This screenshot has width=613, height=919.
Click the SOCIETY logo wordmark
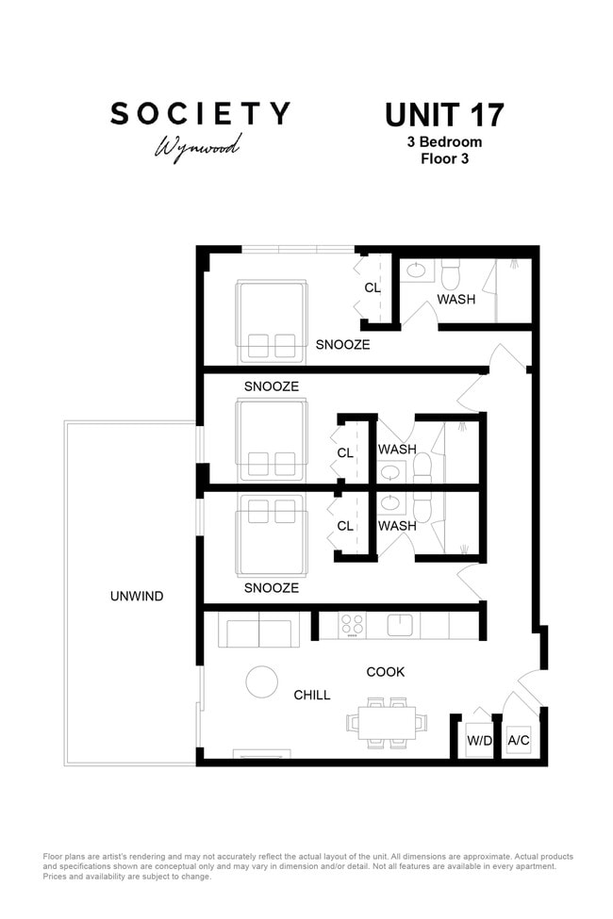pyautogui.click(x=200, y=114)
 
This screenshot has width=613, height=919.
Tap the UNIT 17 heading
pyautogui.click(x=444, y=115)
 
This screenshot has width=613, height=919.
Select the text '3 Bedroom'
pyautogui.click(x=444, y=141)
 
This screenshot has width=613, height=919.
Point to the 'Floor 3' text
pyautogui.click(x=444, y=159)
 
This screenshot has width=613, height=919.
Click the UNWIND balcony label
pyautogui.click(x=137, y=596)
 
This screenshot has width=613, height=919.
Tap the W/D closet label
pyautogui.click(x=479, y=740)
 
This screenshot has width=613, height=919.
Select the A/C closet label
pyautogui.click(x=519, y=740)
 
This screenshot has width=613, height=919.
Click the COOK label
pyautogui.click(x=386, y=672)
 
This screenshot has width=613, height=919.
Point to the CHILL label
pyautogui.click(x=312, y=695)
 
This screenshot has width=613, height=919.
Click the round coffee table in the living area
pyautogui.click(x=261, y=682)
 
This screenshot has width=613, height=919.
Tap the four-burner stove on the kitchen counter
pyautogui.click(x=352, y=626)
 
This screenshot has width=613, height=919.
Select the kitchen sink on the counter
pyautogui.click(x=400, y=625)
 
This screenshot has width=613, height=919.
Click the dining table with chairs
pyautogui.click(x=387, y=723)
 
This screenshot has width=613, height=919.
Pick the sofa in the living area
pyautogui.click(x=258, y=630)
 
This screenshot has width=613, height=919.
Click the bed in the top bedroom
pyautogui.click(x=272, y=321)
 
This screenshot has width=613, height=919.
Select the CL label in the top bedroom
pyautogui.click(x=373, y=287)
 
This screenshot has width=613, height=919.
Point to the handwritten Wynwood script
pyautogui.click(x=198, y=147)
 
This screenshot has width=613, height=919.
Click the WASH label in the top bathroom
pyautogui.click(x=456, y=300)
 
